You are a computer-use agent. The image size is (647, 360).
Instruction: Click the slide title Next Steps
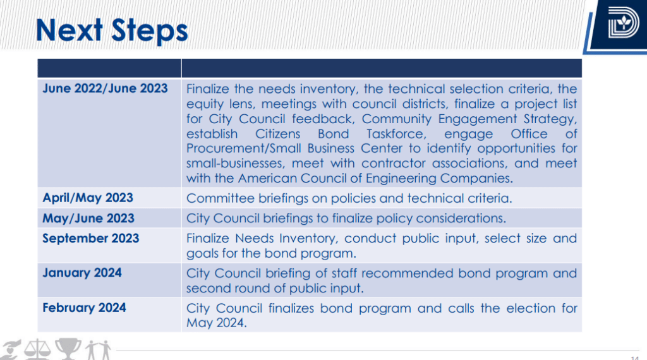pyautogui.click(x=112, y=30)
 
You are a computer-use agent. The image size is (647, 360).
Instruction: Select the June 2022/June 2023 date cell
pyautogui.click(x=105, y=88)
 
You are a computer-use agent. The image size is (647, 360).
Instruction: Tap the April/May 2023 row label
pyautogui.click(x=88, y=198)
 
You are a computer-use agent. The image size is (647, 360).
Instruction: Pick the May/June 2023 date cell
pyautogui.click(x=88, y=218)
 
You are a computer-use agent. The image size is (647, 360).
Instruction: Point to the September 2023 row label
pyautogui.click(x=91, y=238)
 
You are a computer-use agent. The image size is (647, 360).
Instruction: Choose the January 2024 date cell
pyautogui.click(x=82, y=273)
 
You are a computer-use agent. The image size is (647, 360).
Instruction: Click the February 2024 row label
pyautogui.click(x=84, y=308)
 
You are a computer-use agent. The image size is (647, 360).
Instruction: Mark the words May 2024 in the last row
pyautogui.click(x=215, y=323)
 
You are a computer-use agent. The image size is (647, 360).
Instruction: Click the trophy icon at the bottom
pyautogui.click(x=67, y=349)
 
